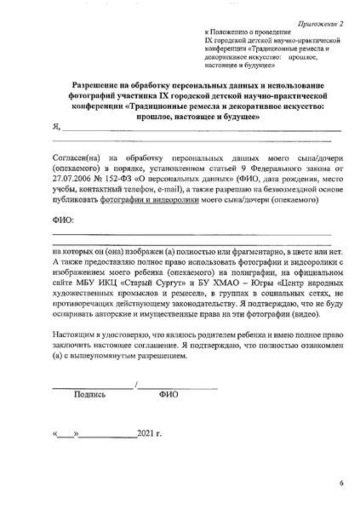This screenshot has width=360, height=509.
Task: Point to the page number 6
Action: pos(340,483)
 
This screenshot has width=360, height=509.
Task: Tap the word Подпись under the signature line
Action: pos(90,395)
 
